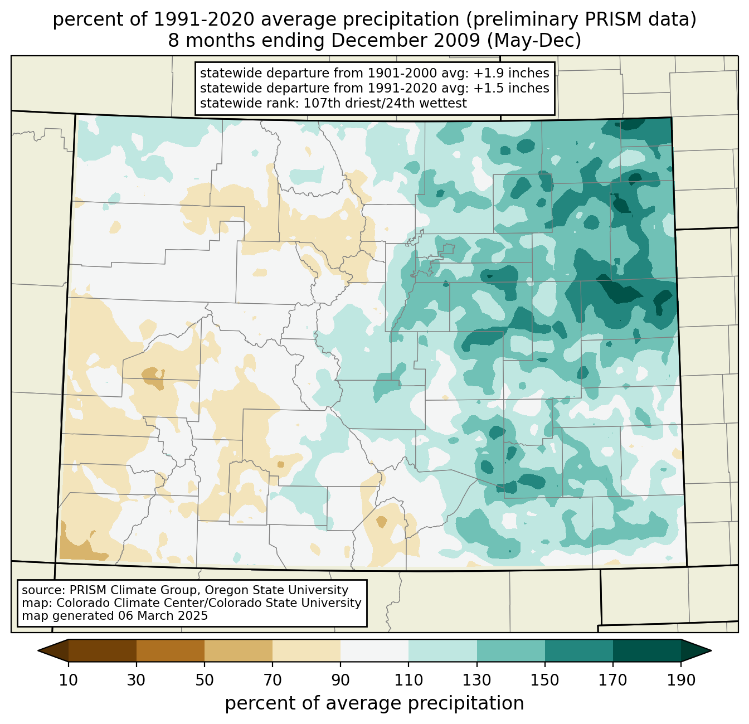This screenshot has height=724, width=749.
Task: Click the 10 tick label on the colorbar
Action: coord(69,680)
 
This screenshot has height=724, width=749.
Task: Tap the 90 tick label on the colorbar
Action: coord(341,680)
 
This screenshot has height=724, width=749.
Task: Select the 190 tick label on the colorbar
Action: coord(681,680)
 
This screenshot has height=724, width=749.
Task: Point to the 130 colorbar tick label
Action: coord(477,680)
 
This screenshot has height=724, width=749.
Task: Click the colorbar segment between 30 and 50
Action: coord(171,650)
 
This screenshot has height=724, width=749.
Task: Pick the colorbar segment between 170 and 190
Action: coord(647,650)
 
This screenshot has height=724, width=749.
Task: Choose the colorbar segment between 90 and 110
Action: coord(374,650)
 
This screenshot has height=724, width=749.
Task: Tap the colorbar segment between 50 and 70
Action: coord(239,650)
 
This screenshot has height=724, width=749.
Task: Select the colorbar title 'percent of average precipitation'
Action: coord(374,703)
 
